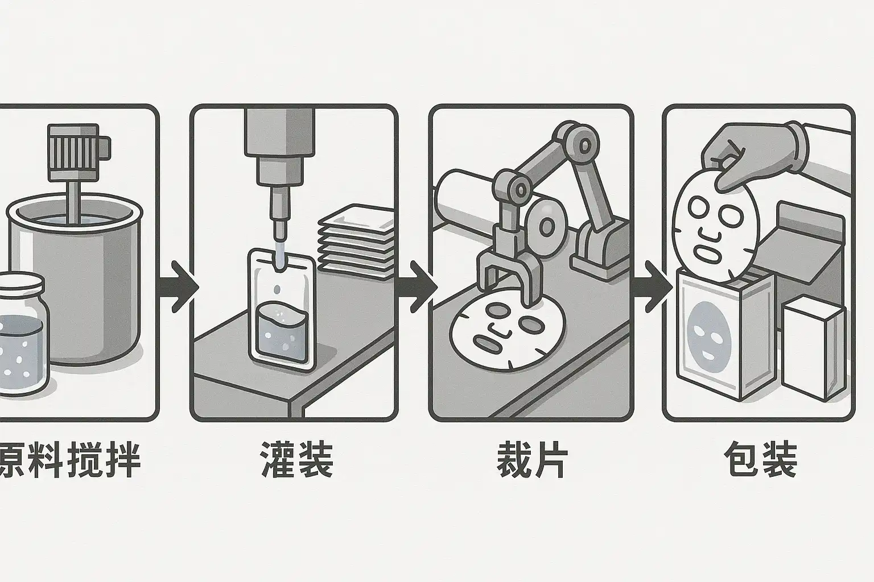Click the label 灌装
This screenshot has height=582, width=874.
(x=296, y=460)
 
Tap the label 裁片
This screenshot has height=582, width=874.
(x=531, y=460)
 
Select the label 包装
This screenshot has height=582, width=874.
(x=761, y=460)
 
